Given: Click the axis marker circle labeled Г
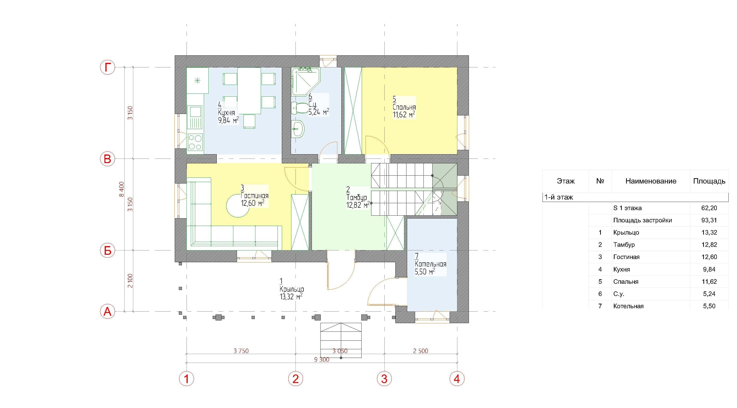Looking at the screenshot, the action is (x=107, y=67).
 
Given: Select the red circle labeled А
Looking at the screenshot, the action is (x=107, y=311).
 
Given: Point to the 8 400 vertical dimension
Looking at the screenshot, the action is (x=122, y=189).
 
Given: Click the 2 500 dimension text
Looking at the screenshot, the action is (x=421, y=351).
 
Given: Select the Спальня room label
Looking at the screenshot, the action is (x=404, y=107).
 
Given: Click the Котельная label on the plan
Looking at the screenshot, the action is (x=430, y=264).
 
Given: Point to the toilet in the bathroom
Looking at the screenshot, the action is (x=299, y=108).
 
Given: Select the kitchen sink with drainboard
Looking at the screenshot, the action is (x=195, y=117).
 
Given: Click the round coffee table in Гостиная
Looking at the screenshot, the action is (x=237, y=206).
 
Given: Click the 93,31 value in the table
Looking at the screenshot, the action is (x=709, y=220).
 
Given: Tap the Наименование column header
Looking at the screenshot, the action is (x=651, y=181).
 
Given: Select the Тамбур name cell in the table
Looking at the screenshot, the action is (x=624, y=245).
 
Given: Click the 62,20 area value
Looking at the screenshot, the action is (x=709, y=208).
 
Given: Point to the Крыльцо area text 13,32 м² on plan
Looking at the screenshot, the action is (x=291, y=296).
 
